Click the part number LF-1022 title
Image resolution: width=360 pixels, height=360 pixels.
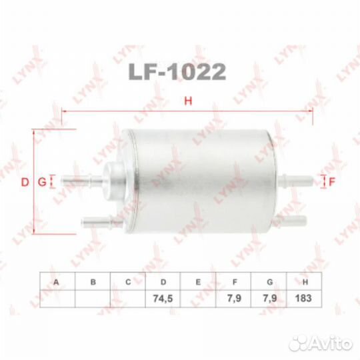177,71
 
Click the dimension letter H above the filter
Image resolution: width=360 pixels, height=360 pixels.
188,101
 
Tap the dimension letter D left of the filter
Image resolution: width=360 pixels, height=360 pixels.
25,182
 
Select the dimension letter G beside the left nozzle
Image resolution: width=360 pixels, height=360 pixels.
42,182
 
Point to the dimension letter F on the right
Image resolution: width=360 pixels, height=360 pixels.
332,182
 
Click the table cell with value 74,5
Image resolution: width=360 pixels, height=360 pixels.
163,299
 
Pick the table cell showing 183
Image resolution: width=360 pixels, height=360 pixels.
303,298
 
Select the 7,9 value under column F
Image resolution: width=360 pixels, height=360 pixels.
234,298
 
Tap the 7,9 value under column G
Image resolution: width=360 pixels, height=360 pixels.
269,298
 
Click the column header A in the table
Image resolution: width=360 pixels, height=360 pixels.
56,282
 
